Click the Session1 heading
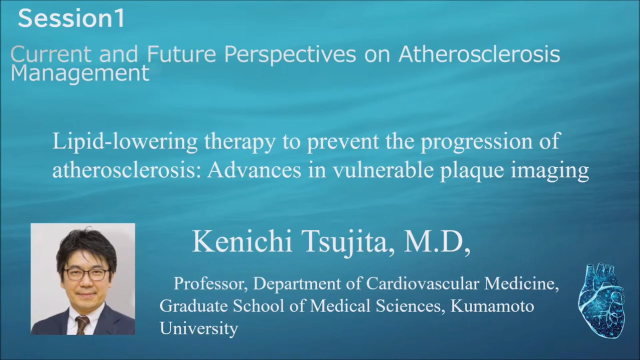(71, 18)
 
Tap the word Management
(80, 73)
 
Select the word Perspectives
(290, 54)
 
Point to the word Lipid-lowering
(125, 141)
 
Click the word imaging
(550, 171)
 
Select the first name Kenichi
(242, 241)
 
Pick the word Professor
(210, 283)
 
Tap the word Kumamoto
(492, 305)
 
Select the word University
(199, 328)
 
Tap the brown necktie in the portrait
(82, 325)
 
